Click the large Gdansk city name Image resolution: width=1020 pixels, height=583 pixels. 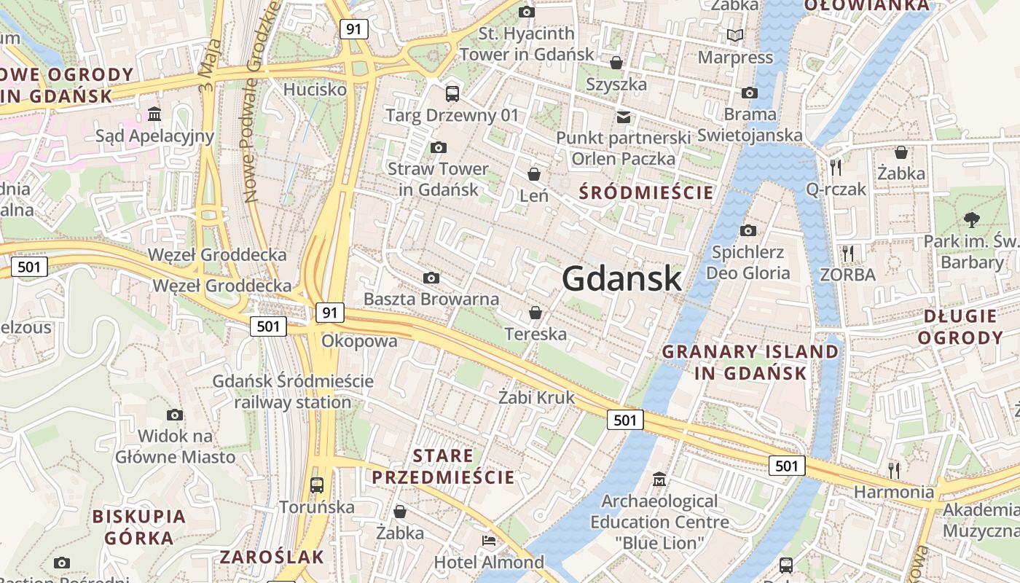pyautogui.click(x=621, y=278)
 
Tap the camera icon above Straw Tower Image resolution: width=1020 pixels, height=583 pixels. pyautogui.click(x=438, y=148)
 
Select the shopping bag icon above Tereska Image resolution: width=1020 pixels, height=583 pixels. pyautogui.click(x=535, y=313)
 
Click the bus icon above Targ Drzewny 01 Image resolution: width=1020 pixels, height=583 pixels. pyautogui.click(x=452, y=93)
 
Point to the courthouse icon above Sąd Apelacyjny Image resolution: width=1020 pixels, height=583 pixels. pyautogui.click(x=154, y=114)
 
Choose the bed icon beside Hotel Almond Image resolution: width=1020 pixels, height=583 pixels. pyautogui.click(x=489, y=541)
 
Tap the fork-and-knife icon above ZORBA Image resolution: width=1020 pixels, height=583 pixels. pyautogui.click(x=847, y=254)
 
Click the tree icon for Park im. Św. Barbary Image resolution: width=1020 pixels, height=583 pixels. pyautogui.click(x=971, y=219)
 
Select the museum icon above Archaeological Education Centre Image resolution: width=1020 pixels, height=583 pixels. pyautogui.click(x=659, y=480)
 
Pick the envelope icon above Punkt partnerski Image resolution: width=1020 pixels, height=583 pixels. pyautogui.click(x=624, y=117)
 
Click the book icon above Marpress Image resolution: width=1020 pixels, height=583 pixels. pyautogui.click(x=735, y=35)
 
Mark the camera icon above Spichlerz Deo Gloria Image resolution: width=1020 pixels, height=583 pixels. pyautogui.click(x=748, y=231)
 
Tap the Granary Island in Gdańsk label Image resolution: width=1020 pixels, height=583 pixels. pyautogui.click(x=750, y=362)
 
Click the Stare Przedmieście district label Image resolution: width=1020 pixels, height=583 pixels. pyautogui.click(x=443, y=466)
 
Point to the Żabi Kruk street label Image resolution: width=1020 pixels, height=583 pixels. pyautogui.click(x=537, y=398)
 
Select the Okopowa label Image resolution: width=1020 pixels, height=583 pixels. pyautogui.click(x=360, y=341)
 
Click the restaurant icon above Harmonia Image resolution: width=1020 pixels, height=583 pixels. pyautogui.click(x=894, y=469)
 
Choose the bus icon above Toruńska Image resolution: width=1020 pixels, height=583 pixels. pyautogui.click(x=317, y=485)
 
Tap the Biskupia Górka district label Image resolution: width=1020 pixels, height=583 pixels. pyautogui.click(x=138, y=527)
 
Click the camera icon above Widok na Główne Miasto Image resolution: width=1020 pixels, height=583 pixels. pyautogui.click(x=175, y=415)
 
